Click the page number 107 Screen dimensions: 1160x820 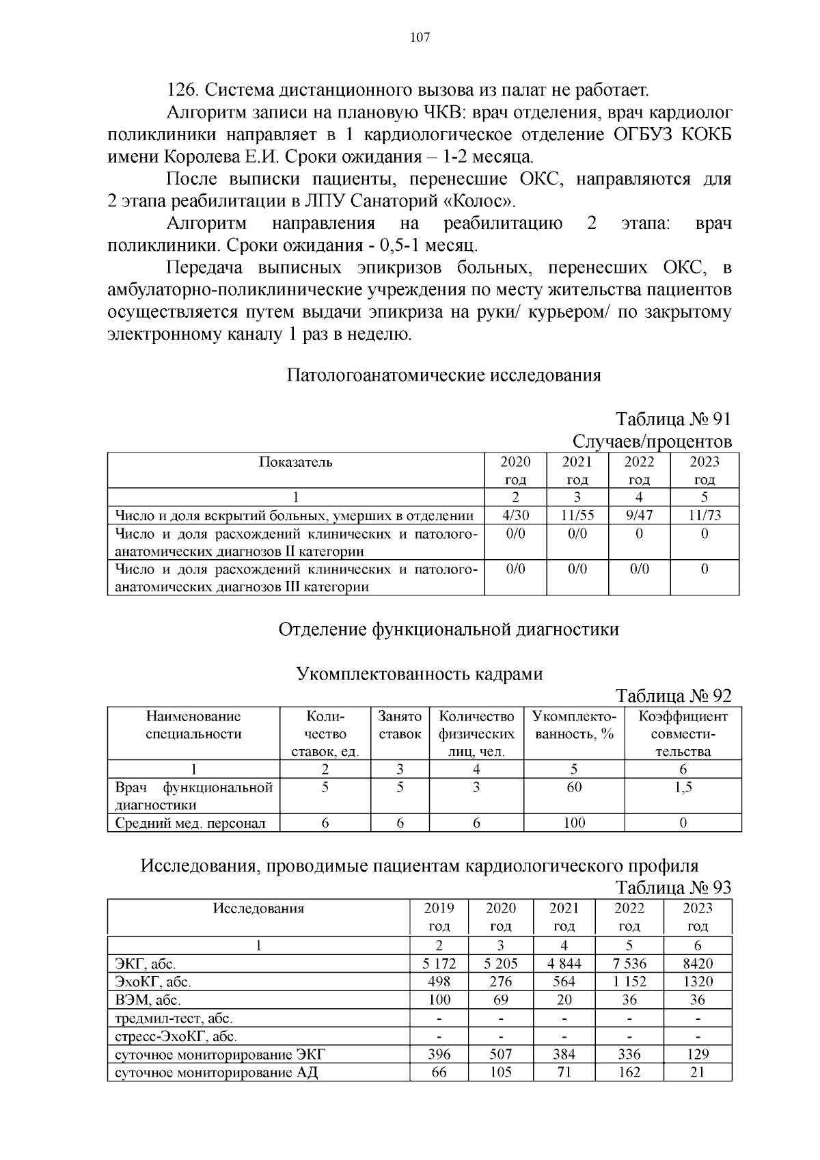point(420,38)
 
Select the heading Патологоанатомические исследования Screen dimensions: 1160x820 point(443,375)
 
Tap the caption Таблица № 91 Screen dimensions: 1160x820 point(673,418)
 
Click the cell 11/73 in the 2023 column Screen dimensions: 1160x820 point(704,515)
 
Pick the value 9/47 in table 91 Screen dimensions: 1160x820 point(639,515)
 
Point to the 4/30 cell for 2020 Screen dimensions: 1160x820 point(515,515)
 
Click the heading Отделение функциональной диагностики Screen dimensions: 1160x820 point(448,629)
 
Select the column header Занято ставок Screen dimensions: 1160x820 point(400,725)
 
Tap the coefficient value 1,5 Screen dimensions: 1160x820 point(683,787)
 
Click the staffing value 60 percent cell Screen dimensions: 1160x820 point(574,787)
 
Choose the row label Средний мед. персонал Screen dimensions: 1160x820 point(190,823)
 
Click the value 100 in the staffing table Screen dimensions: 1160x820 point(574,823)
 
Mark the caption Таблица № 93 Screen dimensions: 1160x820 point(673,887)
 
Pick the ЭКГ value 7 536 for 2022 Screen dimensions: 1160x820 point(629,964)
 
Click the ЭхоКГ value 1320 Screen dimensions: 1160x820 point(697,982)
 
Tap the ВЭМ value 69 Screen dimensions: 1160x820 point(500,999)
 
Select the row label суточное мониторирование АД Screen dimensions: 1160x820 point(216,1072)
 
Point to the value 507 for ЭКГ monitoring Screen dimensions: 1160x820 point(500,1054)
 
